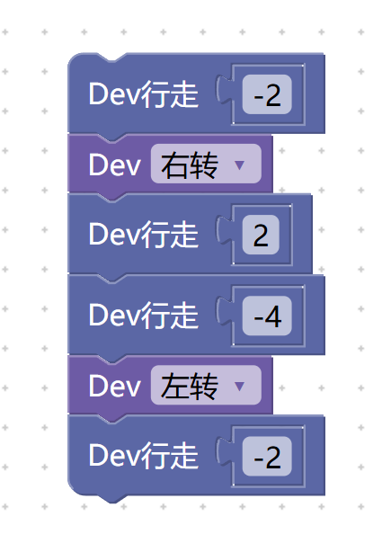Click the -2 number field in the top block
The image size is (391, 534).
point(267,94)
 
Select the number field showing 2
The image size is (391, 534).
point(261,235)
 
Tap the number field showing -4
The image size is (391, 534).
point(267,316)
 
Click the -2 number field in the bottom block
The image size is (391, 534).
point(267,456)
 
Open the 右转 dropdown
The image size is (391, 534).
point(206,164)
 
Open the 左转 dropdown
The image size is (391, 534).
point(206,385)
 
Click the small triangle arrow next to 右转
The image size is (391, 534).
point(239,165)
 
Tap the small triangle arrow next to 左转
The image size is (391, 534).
point(239,387)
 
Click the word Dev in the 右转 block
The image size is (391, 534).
point(114,165)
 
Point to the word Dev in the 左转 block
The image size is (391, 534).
point(114,386)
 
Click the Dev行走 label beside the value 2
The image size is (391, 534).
point(144,235)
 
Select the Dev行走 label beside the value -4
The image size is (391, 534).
point(144,316)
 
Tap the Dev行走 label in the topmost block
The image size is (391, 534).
point(144,94)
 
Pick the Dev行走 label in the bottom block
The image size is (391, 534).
point(144,456)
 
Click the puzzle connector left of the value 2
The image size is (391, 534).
point(224,230)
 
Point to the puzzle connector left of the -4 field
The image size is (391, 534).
point(224,311)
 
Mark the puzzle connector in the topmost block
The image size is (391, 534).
point(224,90)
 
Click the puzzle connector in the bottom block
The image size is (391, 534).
point(224,451)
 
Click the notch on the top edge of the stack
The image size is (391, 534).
point(111,58)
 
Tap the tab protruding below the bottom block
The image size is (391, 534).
point(111,499)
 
